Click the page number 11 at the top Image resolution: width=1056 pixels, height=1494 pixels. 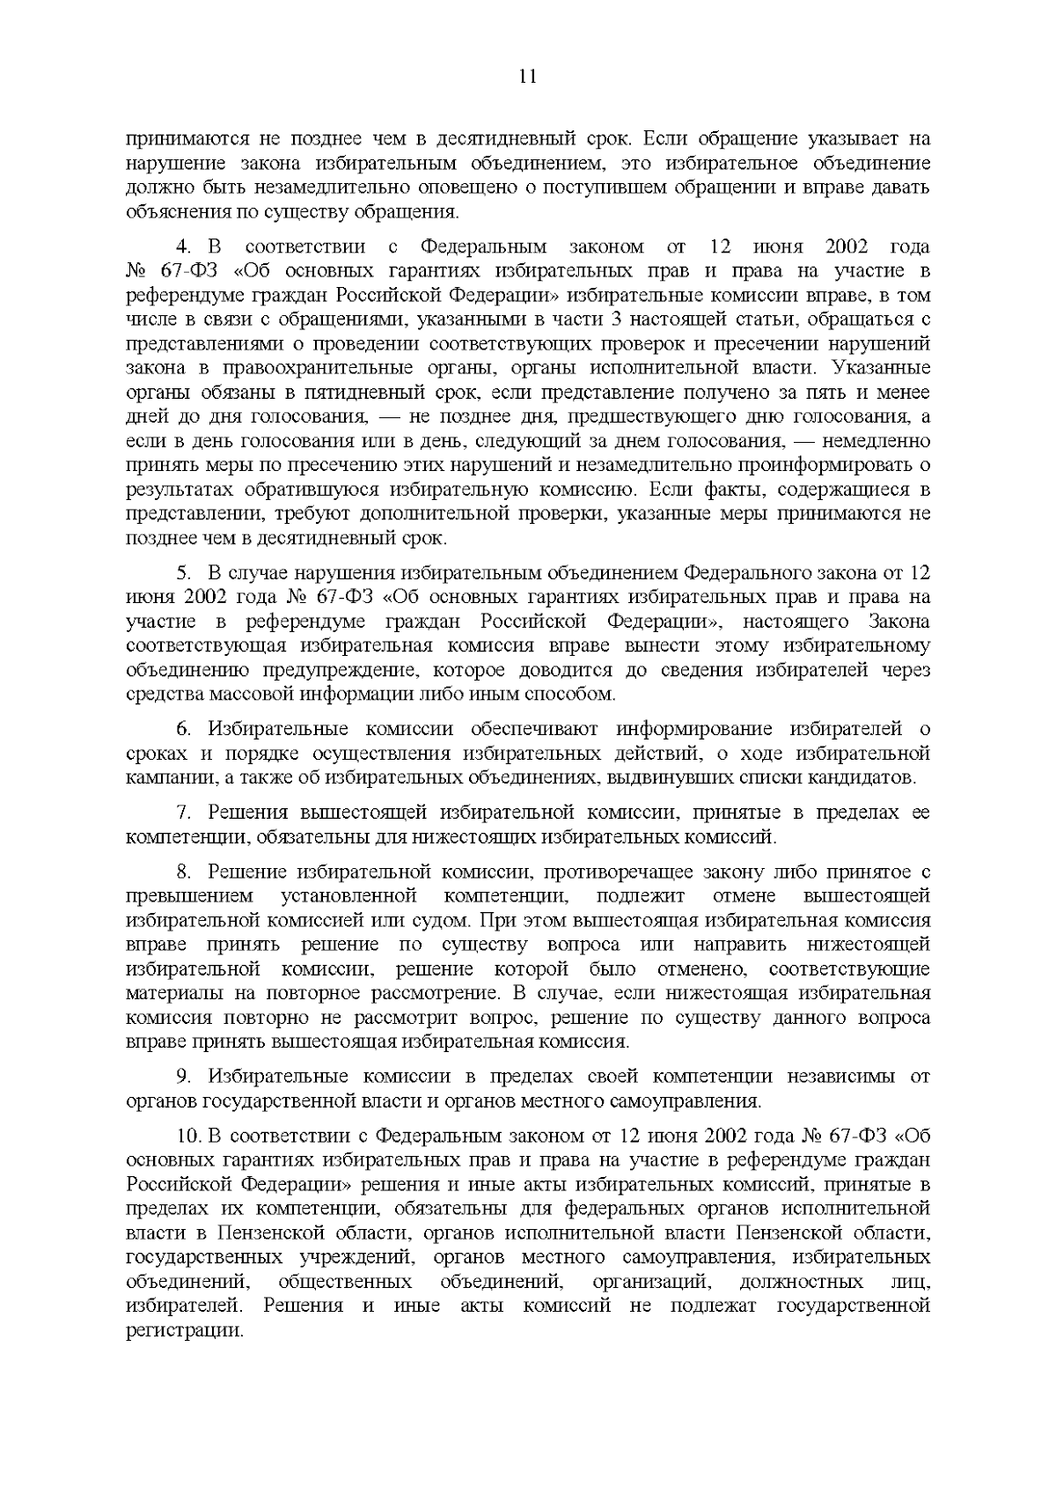click(x=528, y=76)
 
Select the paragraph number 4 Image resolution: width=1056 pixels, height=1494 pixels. click(x=181, y=246)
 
